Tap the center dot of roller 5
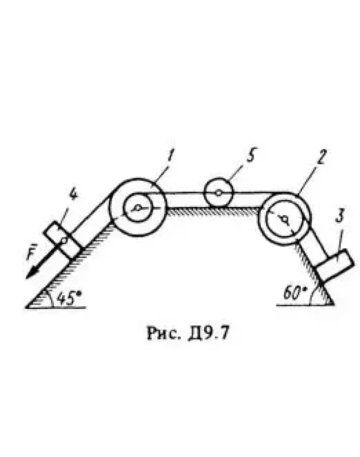pos(219,193)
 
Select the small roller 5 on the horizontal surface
pos(219,193)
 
